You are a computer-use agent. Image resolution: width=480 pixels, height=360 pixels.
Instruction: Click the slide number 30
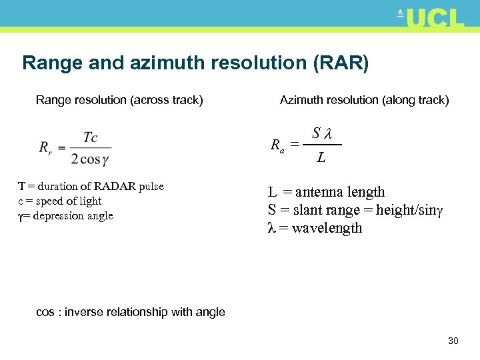(453, 341)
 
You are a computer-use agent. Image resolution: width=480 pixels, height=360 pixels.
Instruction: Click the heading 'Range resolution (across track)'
(119, 100)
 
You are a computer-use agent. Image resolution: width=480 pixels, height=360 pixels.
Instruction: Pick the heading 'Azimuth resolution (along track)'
(364, 100)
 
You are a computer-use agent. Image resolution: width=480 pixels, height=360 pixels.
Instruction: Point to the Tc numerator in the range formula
(91, 137)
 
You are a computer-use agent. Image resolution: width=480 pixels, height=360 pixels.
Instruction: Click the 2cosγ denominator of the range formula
(90, 159)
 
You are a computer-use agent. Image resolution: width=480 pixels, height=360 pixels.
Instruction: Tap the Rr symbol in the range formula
(45, 147)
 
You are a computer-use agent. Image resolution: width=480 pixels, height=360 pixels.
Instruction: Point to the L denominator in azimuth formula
(321, 158)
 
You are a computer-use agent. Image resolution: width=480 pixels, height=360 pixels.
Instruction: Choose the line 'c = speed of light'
(60, 201)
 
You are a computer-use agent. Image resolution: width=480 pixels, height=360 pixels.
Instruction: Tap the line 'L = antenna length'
(327, 192)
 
